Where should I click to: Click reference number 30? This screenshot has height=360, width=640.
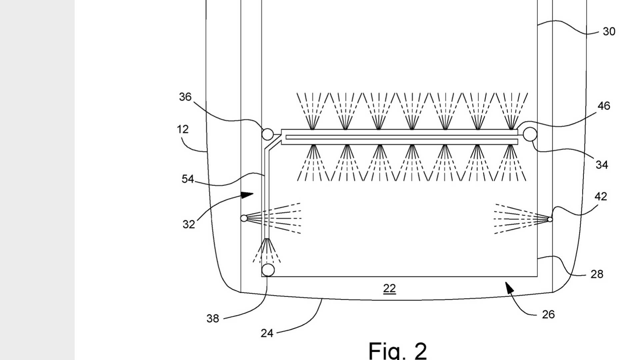(609, 32)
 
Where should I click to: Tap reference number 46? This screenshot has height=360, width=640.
(604, 106)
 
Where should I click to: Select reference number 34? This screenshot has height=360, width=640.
(602, 165)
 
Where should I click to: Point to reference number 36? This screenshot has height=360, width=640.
(185, 97)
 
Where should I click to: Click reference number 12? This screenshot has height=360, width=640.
(183, 129)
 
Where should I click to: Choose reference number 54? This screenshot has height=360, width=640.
(188, 179)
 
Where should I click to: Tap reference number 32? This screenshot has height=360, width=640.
(189, 224)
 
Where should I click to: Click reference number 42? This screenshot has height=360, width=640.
(601, 197)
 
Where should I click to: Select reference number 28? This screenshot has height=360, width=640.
(597, 274)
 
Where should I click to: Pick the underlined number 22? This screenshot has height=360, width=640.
(389, 289)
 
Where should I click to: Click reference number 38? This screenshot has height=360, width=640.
(213, 319)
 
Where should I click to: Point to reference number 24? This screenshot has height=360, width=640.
(267, 333)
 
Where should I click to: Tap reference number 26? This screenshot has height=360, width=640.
(548, 315)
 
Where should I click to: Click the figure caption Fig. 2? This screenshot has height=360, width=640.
(397, 351)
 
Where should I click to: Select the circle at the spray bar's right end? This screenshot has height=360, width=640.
(530, 134)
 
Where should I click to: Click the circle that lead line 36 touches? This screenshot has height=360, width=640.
(267, 134)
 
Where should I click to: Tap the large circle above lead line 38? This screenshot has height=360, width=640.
(268, 270)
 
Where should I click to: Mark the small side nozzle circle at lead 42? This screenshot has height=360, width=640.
(550, 219)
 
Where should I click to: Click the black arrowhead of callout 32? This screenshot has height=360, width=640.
(247, 195)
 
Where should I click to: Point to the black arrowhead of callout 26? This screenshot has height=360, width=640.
(509, 287)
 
